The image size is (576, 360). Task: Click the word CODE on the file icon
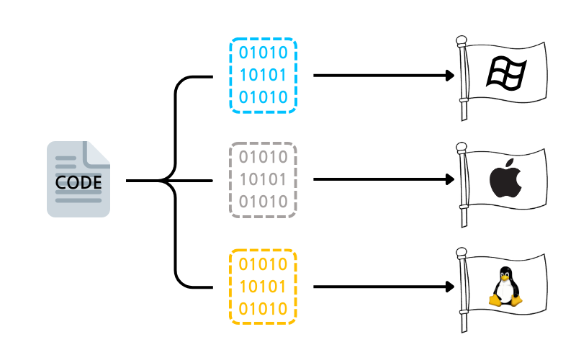(x=78, y=181)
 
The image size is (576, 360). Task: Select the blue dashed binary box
(x=263, y=75)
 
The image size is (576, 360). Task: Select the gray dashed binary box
(x=263, y=180)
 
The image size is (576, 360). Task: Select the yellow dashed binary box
(x=263, y=286)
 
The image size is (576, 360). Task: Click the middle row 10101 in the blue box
(x=263, y=75)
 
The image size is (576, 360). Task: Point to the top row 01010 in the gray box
(x=263, y=158)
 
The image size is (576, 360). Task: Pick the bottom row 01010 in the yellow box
(x=263, y=308)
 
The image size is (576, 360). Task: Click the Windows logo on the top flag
(x=506, y=72)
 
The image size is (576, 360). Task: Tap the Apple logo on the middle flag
(x=505, y=179)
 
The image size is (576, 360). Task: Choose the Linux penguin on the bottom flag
(x=505, y=286)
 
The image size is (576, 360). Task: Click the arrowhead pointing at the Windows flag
(x=450, y=75)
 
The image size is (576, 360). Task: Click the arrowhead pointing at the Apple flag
(x=450, y=180)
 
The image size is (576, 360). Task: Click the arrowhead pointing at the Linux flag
(x=450, y=286)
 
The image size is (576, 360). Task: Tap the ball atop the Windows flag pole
(x=463, y=41)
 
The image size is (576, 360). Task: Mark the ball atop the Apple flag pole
(x=463, y=147)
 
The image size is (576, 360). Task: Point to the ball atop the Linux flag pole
(x=463, y=253)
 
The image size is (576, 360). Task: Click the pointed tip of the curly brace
(x=160, y=181)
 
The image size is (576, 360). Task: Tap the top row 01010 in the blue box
(x=263, y=53)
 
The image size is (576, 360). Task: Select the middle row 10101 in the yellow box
(x=263, y=286)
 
